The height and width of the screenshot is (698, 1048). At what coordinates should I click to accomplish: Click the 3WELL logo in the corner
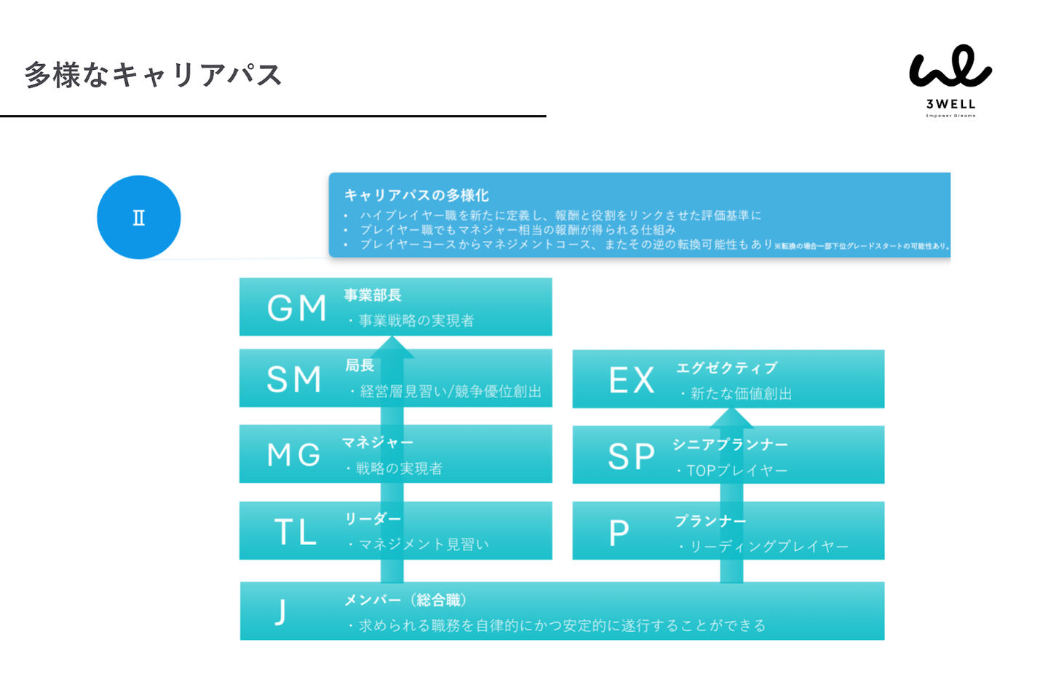tap(950, 80)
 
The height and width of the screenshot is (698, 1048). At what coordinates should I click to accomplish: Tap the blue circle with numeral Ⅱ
tap(138, 217)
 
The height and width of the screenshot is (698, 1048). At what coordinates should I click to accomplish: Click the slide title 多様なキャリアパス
tap(153, 75)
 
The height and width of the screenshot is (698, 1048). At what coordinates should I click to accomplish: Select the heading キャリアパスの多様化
tap(416, 195)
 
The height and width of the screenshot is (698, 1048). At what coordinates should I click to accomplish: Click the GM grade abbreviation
tap(296, 308)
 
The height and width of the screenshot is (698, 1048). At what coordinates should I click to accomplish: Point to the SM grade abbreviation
tap(294, 379)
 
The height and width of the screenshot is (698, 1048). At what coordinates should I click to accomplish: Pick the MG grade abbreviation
tap(294, 455)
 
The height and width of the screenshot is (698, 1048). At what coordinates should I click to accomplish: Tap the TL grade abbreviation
tap(295, 532)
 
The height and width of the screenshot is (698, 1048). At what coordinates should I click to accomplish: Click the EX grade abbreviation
tap(631, 380)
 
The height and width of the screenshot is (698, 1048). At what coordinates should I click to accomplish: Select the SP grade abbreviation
tap(631, 456)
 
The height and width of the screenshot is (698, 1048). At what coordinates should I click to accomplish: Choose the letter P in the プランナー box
tap(619, 533)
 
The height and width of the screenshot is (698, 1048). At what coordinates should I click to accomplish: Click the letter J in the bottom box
tap(280, 612)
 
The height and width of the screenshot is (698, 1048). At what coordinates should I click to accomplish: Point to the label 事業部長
tap(373, 296)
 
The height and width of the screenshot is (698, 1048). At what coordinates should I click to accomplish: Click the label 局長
tap(360, 365)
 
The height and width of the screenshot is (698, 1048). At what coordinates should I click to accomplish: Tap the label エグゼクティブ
tap(726, 368)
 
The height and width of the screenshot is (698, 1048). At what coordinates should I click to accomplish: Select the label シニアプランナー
tap(730, 445)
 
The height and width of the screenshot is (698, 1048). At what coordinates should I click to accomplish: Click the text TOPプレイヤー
tap(737, 471)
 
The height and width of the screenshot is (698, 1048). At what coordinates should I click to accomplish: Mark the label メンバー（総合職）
tap(405, 600)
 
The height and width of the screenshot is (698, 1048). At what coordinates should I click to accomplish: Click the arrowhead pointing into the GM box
tap(392, 347)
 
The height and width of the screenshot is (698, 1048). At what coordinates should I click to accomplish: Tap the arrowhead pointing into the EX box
tap(731, 418)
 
